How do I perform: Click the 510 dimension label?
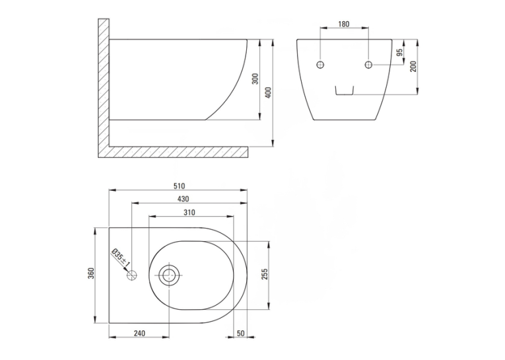pyautogui.click(x=179, y=186)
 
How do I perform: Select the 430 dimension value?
pyautogui.click(x=183, y=199)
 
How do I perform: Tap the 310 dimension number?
pyautogui.click(x=189, y=213)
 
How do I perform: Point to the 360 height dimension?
pyautogui.click(x=91, y=273)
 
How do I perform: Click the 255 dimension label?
pyautogui.click(x=265, y=274)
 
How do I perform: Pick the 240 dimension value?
pyautogui.click(x=139, y=334)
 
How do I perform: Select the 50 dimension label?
pyautogui.click(x=240, y=334)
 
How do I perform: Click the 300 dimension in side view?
pyautogui.click(x=255, y=79)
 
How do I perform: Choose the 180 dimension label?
pyautogui.click(x=344, y=24)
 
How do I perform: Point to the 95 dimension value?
pyautogui.click(x=399, y=53)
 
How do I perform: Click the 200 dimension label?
pyautogui.click(x=413, y=67)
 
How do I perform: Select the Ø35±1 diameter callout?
pyautogui.click(x=120, y=258)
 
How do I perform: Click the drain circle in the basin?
pyautogui.click(x=169, y=275)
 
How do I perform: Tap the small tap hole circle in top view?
pyautogui.click(x=132, y=275)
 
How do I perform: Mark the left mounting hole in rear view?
pyautogui.click(x=320, y=65)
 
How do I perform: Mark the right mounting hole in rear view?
pyautogui.click(x=369, y=65)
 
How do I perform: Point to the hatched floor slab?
pyautogui.click(x=178, y=152)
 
